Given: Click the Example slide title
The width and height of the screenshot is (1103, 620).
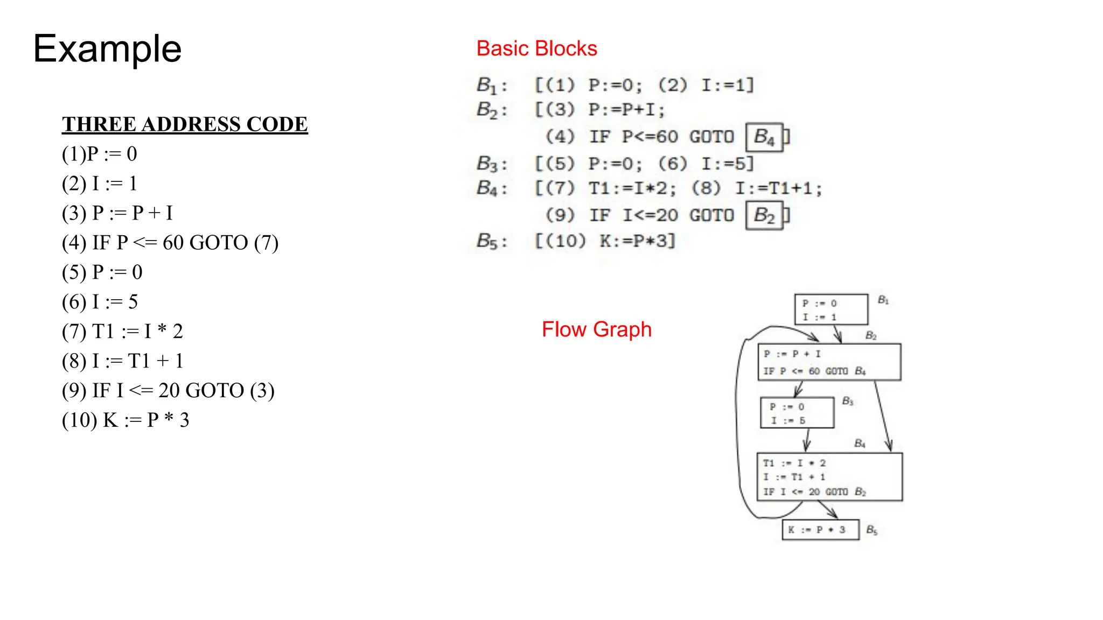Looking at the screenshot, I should (107, 49).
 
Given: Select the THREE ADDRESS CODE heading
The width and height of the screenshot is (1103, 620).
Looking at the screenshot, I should (185, 124).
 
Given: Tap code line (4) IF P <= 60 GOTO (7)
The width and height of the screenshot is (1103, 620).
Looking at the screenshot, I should (170, 243).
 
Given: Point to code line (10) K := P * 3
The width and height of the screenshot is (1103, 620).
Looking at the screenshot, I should (125, 420).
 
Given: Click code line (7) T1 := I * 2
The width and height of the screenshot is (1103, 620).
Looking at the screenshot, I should (122, 332).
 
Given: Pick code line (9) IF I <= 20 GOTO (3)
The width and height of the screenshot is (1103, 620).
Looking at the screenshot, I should (168, 391).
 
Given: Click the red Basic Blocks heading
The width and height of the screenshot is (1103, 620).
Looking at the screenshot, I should (536, 48).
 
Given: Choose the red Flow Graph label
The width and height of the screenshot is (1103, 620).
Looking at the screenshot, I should (596, 329).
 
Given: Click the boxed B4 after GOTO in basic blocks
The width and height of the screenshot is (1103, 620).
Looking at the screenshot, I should (764, 137).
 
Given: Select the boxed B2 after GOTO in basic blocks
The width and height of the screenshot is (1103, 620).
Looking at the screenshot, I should (764, 215).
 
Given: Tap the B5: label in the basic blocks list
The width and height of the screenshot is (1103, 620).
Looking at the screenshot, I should (492, 241).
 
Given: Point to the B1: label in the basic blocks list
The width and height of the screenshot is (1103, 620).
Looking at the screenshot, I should (492, 85).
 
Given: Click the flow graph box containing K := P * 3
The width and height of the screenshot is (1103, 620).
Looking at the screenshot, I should (820, 530).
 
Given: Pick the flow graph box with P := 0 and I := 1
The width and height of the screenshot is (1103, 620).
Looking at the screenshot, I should (831, 309).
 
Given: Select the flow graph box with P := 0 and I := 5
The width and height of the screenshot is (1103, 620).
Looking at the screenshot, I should (797, 413).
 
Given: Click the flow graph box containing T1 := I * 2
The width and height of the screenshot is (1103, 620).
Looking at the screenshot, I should (829, 477).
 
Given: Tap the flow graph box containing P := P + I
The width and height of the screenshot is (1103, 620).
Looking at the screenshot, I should (829, 362).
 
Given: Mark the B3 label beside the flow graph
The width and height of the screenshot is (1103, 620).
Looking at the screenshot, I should (847, 401).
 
